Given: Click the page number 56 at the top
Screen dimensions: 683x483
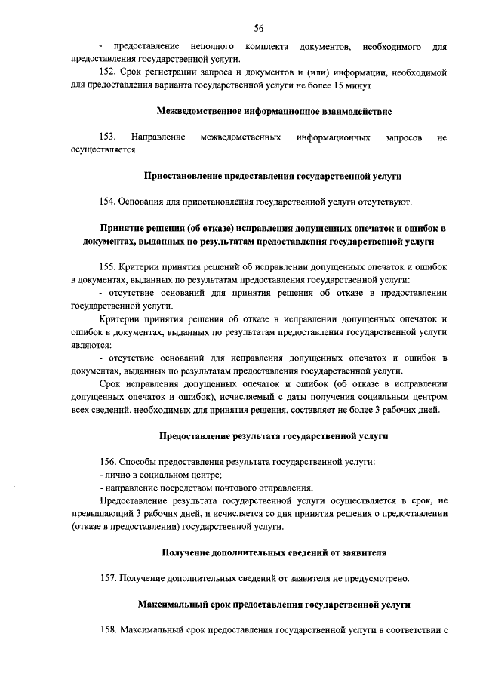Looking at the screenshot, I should point(258,28).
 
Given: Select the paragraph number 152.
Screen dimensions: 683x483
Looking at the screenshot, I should point(109,72).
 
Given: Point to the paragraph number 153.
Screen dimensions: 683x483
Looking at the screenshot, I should point(109,137).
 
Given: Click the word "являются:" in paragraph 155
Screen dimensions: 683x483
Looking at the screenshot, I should point(90,343).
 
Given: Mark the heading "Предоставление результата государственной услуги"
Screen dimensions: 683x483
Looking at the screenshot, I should point(273,435).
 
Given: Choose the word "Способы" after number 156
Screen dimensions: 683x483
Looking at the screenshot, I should point(136,461).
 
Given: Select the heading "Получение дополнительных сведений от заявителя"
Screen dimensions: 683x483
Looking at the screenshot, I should point(273,552).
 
